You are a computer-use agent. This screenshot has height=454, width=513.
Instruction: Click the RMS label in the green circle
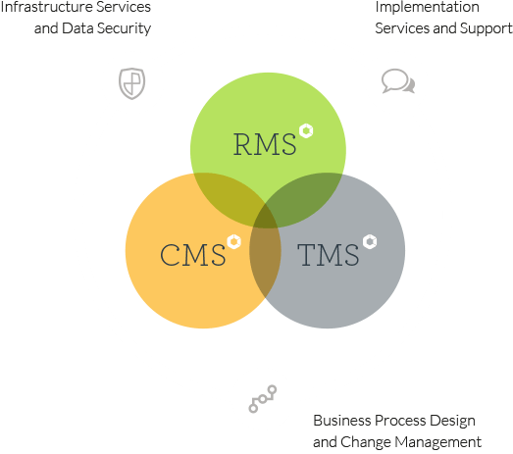tap(265, 143)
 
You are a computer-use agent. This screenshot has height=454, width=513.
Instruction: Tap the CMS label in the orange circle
tap(192, 255)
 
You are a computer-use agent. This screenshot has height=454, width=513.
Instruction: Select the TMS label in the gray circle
tap(329, 255)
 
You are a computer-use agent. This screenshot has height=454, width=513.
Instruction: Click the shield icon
tap(131, 83)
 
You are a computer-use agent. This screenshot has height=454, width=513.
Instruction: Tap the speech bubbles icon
tap(398, 81)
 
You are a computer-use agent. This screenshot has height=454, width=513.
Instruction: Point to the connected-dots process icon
tap(263, 399)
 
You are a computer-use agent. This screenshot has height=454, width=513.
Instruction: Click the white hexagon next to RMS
tap(306, 130)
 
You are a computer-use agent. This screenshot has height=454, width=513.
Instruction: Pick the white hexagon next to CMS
tap(233, 242)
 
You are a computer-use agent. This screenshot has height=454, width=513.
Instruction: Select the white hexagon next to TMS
tap(370, 242)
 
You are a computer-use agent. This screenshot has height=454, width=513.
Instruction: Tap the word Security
tap(125, 28)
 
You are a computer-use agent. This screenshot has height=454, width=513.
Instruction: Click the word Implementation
tap(428, 7)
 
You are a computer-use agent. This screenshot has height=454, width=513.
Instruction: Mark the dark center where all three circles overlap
tap(266, 217)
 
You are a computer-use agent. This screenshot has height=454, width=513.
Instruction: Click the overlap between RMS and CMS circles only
tap(229, 196)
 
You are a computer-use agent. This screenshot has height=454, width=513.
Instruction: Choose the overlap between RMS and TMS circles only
tap(303, 196)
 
